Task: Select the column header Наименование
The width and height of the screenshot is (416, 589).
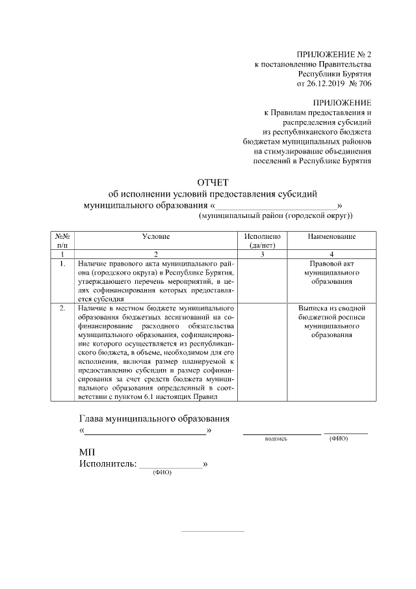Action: (x=331, y=237)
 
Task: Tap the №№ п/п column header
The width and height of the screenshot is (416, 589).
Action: (x=62, y=241)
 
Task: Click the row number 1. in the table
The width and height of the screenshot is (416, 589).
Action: (x=62, y=264)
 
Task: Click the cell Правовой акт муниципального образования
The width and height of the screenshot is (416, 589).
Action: (x=331, y=273)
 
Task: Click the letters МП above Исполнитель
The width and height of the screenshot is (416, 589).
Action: (x=87, y=452)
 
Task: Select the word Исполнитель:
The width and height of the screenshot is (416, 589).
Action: (x=108, y=464)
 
